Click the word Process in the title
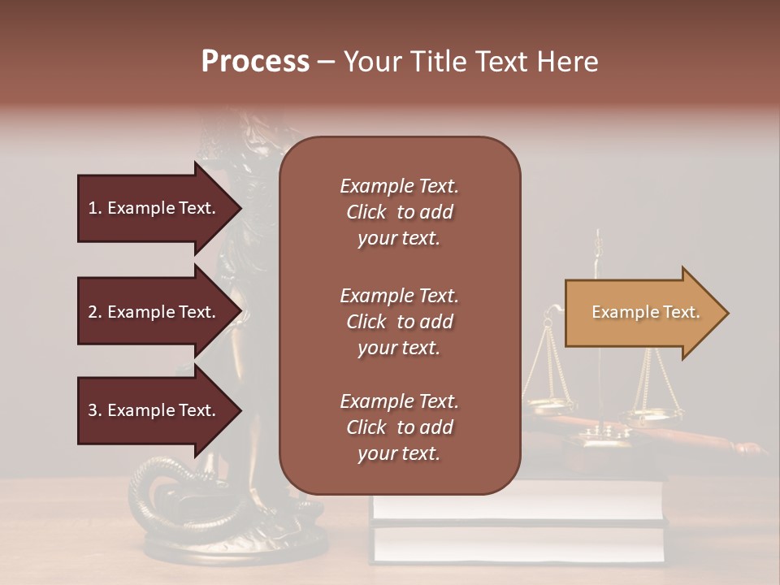(255, 62)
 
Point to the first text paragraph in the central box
(399, 212)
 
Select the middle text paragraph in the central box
(399, 322)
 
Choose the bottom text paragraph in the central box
(399, 427)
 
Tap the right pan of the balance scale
(655, 415)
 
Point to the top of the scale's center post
(599, 236)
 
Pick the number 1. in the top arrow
(95, 208)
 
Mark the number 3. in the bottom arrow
(95, 410)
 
